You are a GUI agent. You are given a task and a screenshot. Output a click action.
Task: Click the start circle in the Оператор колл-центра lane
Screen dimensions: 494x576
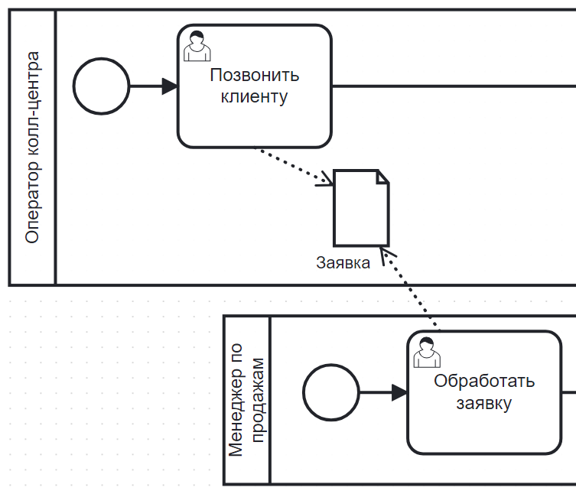[x=102, y=86]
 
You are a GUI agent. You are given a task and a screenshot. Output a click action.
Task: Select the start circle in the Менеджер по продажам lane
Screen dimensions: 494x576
[x=331, y=392]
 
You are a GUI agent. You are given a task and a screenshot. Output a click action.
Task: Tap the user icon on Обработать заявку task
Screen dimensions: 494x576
[x=425, y=353]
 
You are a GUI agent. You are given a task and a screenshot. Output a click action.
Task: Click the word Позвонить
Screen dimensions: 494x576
[x=254, y=76]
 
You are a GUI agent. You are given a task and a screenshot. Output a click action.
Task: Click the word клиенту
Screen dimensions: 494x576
[x=254, y=97]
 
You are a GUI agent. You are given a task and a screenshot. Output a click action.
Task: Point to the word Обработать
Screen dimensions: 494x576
[x=483, y=381]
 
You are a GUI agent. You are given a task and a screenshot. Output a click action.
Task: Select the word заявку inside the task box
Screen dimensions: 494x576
[x=483, y=403]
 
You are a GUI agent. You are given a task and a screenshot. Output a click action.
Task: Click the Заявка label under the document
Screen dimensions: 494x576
[x=343, y=263]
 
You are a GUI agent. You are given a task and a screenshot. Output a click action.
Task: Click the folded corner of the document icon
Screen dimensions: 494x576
[x=382, y=177]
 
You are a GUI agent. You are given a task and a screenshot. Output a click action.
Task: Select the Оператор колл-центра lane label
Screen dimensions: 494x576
[x=32, y=148]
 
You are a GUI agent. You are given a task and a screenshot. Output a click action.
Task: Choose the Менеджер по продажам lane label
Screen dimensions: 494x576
[x=247, y=399]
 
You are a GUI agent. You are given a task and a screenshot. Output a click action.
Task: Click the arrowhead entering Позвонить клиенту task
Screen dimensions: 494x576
[x=170, y=86]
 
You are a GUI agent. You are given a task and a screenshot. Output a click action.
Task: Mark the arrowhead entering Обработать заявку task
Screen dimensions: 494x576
[x=399, y=392]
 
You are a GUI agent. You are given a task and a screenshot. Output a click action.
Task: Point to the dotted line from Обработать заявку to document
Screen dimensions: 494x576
[x=413, y=291]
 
